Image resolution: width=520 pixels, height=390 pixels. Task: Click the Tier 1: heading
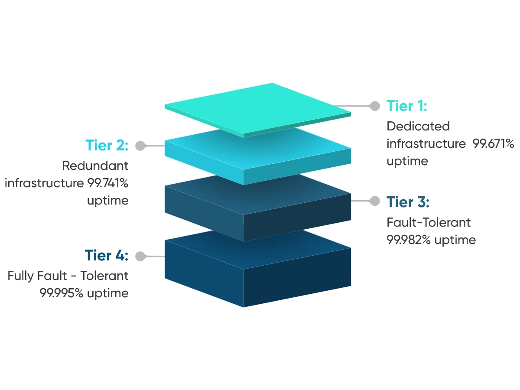(x=406, y=106)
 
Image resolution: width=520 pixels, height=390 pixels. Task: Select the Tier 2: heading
(x=107, y=145)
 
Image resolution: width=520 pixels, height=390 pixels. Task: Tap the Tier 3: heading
(x=408, y=202)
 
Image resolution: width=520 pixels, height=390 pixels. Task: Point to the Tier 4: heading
(x=107, y=256)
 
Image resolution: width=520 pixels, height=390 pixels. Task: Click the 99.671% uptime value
(x=493, y=144)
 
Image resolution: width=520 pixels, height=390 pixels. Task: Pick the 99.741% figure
(x=106, y=183)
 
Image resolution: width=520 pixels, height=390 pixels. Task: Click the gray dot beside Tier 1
(x=374, y=106)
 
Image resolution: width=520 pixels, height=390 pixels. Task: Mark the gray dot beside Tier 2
(x=140, y=146)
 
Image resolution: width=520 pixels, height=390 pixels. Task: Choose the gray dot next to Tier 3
(x=374, y=201)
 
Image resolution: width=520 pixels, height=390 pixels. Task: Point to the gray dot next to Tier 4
(x=140, y=256)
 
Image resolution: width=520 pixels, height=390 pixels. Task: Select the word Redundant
(x=95, y=166)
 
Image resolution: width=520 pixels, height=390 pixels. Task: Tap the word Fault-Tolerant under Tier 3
(x=429, y=223)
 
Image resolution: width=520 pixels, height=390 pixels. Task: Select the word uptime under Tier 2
(x=107, y=201)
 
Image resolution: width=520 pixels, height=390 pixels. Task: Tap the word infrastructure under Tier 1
(x=426, y=144)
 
